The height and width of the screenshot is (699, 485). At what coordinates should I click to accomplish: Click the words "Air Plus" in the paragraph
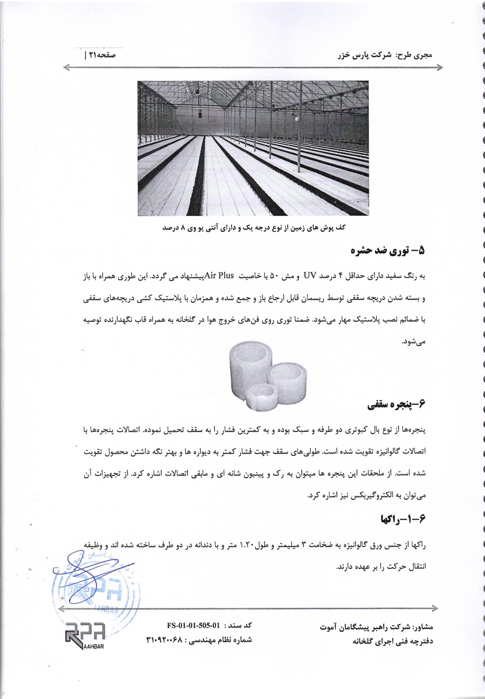pos(219,276)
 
